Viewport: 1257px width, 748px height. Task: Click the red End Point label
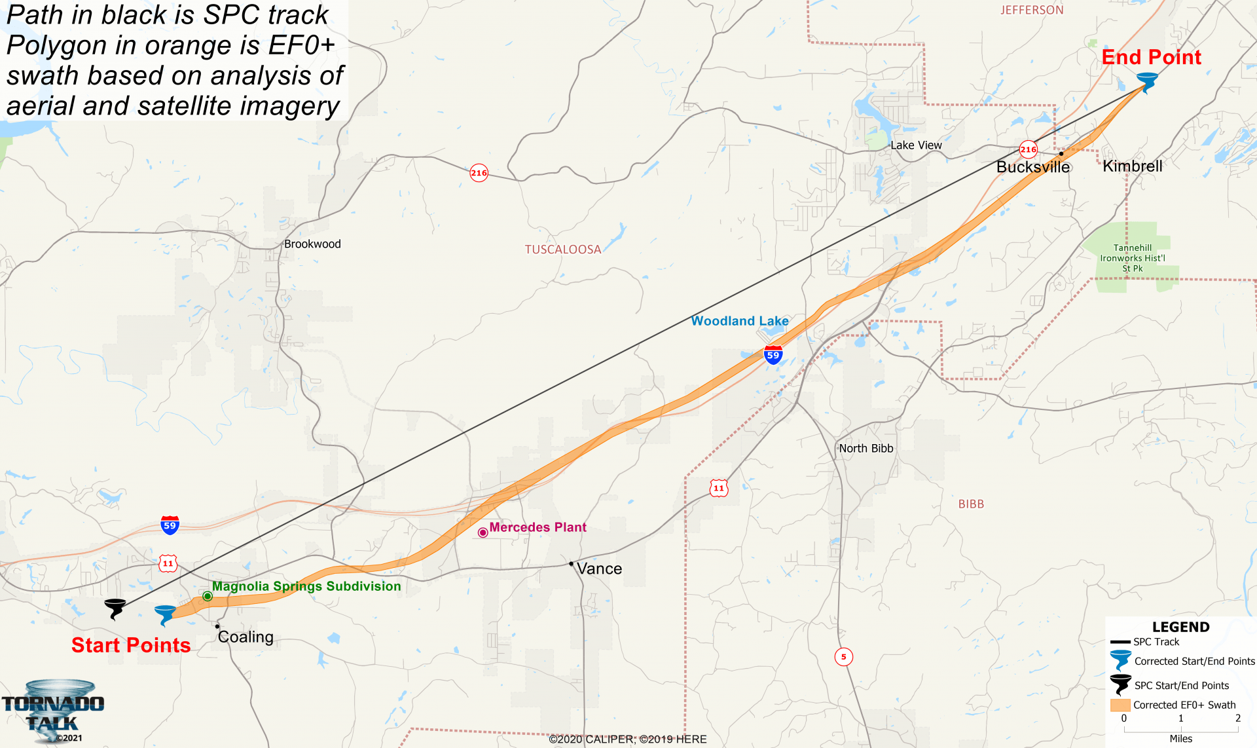click(x=1151, y=58)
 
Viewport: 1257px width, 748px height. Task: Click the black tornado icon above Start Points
click(x=115, y=608)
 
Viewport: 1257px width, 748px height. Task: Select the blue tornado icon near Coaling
click(x=165, y=615)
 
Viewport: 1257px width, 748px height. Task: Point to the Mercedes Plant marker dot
click(x=483, y=533)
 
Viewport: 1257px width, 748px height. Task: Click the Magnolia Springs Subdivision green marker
click(x=208, y=596)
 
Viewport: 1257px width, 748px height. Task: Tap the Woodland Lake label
click(x=740, y=321)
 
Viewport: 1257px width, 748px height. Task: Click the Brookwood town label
click(x=312, y=244)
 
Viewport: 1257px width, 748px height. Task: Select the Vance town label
click(x=599, y=569)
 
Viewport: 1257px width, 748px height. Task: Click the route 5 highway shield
click(x=843, y=656)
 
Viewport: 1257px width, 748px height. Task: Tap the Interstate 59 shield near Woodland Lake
click(x=773, y=355)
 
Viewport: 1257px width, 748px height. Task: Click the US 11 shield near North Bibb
click(x=719, y=488)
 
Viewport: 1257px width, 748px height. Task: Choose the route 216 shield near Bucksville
click(x=1028, y=149)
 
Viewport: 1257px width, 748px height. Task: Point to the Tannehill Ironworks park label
click(x=1133, y=258)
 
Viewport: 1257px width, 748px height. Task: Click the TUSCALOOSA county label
click(x=562, y=250)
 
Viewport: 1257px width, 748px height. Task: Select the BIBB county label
click(x=971, y=504)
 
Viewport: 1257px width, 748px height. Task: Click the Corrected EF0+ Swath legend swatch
click(x=1120, y=705)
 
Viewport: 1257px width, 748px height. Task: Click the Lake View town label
click(x=916, y=145)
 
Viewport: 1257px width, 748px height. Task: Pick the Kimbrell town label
click(x=1133, y=166)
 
